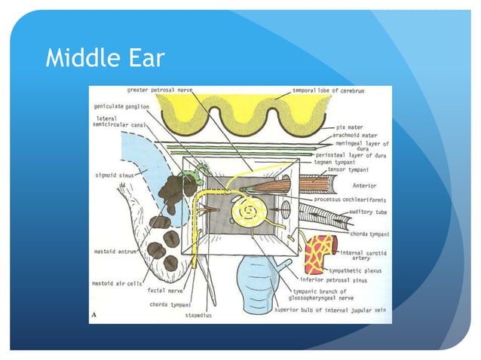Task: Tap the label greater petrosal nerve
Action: tap(159, 90)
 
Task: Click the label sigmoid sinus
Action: tap(109, 174)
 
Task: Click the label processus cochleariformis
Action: tap(349, 199)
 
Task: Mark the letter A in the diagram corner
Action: tap(93, 316)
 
